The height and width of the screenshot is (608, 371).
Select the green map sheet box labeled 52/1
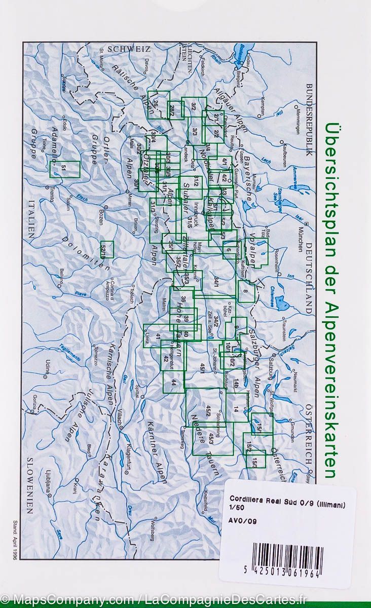click(x=106, y=249)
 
